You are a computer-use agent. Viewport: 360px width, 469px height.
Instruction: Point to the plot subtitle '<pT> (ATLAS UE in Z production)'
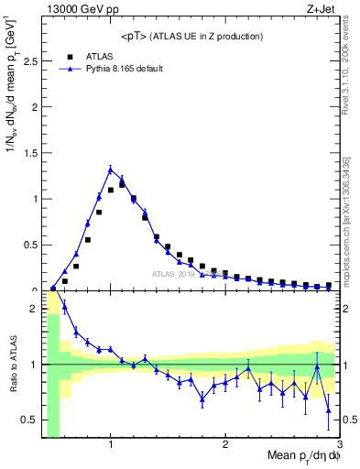coord(191,36)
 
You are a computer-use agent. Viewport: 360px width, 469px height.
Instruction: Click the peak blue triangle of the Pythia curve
coord(111,169)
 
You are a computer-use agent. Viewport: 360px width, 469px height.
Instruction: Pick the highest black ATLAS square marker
coord(122,185)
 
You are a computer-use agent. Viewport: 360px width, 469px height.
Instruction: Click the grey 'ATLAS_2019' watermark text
coord(174,273)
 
